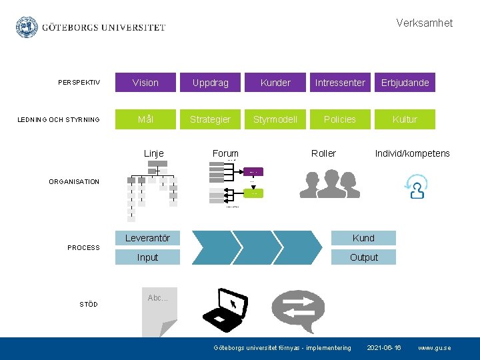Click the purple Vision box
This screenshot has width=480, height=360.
click(x=145, y=83)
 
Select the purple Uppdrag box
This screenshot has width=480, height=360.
click(x=210, y=83)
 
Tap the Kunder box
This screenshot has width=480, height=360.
click(x=275, y=83)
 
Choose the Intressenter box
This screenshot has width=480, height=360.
click(x=340, y=83)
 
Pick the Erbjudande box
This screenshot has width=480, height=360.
click(x=405, y=83)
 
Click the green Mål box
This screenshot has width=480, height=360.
click(x=145, y=119)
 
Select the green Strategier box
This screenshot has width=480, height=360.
click(x=210, y=119)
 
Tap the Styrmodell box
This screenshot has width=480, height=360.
click(x=275, y=119)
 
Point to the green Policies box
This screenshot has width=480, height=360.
click(x=340, y=119)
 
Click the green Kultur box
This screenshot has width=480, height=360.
click(x=405, y=119)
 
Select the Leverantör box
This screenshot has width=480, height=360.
click(x=147, y=238)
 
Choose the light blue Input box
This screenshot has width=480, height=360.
click(x=147, y=257)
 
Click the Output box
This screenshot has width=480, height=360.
click(x=363, y=257)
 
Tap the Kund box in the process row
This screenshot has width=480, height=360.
click(x=363, y=238)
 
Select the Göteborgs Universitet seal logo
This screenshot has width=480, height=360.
click(x=27, y=27)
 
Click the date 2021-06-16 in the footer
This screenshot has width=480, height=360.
click(x=385, y=348)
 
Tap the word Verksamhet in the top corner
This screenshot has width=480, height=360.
click(x=424, y=23)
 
